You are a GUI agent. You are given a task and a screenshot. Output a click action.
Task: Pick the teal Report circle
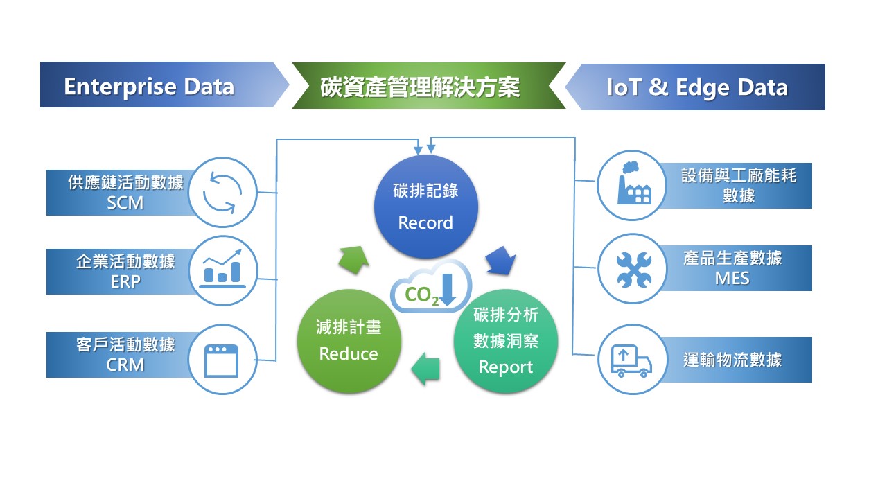[x=505, y=341]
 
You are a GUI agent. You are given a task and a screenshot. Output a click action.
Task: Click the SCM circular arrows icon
[x=222, y=192]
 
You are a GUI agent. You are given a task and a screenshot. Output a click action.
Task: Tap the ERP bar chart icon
[x=222, y=270]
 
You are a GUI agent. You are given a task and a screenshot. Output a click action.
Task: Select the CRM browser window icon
[x=222, y=360]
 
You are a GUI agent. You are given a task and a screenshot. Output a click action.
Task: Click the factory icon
[x=633, y=184]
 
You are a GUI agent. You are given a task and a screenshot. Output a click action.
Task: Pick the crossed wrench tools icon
[x=633, y=269]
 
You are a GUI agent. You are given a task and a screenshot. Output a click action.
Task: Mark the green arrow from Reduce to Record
[x=353, y=258]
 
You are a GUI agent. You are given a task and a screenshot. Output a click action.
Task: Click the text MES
[x=732, y=279]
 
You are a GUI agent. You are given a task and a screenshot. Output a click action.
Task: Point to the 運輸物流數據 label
[x=732, y=360]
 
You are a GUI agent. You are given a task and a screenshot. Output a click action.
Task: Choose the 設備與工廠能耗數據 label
[x=739, y=185]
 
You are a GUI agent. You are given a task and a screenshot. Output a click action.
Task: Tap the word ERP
[x=125, y=281]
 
